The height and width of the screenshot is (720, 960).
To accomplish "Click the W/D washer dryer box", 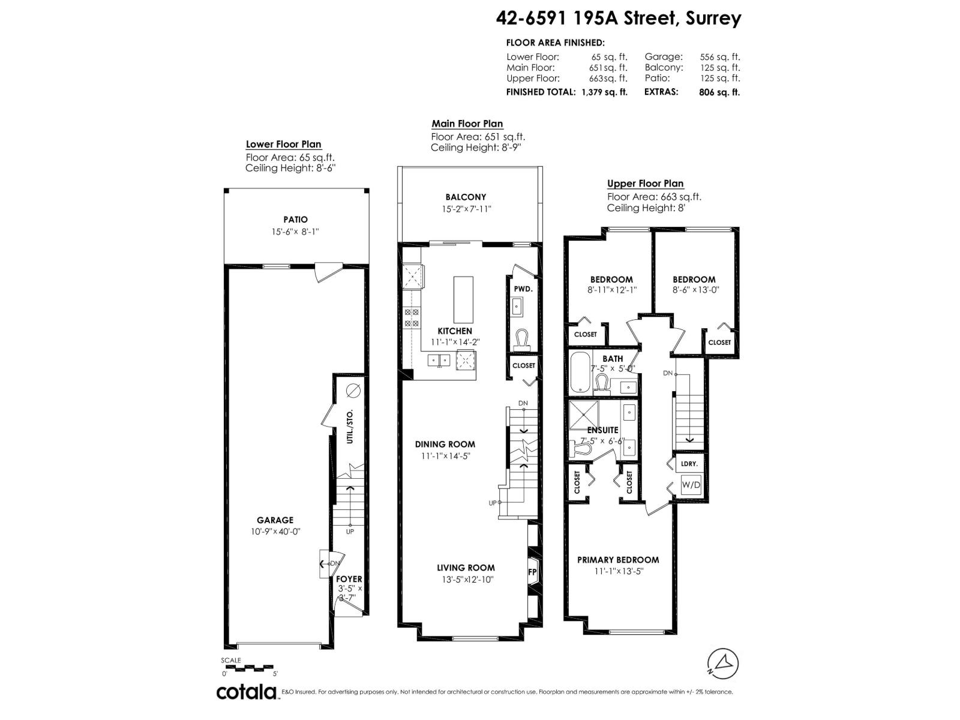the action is [691, 485].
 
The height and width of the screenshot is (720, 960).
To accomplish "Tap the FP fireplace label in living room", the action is [532, 572].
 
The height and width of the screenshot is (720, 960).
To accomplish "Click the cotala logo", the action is [248, 692].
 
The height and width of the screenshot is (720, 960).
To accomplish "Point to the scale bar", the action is [248, 668].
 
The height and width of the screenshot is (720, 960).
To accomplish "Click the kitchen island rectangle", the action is [463, 299].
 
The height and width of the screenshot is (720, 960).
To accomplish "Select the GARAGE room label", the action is [275, 520].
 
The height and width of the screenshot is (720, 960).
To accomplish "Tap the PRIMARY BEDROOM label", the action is [618, 560].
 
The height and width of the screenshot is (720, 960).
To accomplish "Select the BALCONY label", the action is [466, 197].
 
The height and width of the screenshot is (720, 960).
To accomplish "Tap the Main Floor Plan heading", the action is [467, 124].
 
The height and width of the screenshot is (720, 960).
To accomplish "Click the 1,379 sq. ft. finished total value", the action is [604, 92].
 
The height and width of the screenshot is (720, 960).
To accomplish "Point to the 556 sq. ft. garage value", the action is [719, 57].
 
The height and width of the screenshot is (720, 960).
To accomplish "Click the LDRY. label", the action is [689, 464].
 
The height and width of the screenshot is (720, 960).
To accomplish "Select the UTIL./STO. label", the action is [349, 427].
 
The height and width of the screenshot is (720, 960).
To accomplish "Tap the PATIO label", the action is [296, 220].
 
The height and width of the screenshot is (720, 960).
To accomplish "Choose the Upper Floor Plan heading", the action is [645, 184].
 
